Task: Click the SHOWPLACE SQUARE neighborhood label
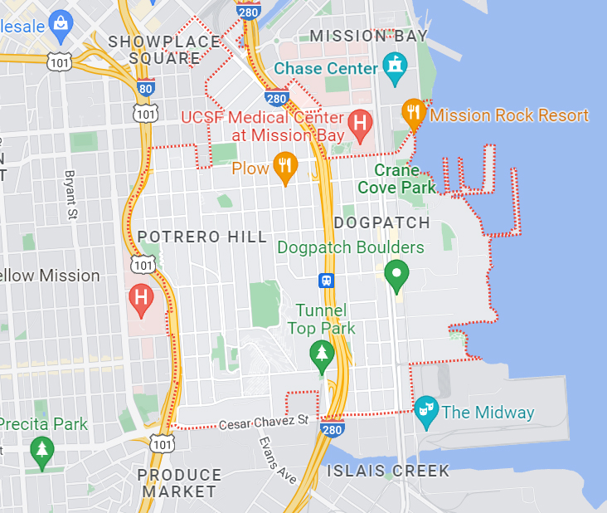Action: tap(164, 50)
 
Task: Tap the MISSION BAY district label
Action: tap(368, 36)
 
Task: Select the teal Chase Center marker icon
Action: tap(394, 66)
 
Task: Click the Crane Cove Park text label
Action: tap(396, 178)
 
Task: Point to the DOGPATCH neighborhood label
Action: tap(382, 223)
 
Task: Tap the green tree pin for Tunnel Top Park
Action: tap(322, 354)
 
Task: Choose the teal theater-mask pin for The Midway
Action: tap(425, 411)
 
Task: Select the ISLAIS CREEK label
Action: tap(388, 471)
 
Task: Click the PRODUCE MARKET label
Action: tap(179, 483)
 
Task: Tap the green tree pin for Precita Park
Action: tap(41, 452)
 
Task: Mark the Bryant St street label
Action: tap(71, 196)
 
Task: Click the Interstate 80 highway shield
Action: tap(145, 85)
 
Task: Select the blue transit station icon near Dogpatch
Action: tap(328, 280)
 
